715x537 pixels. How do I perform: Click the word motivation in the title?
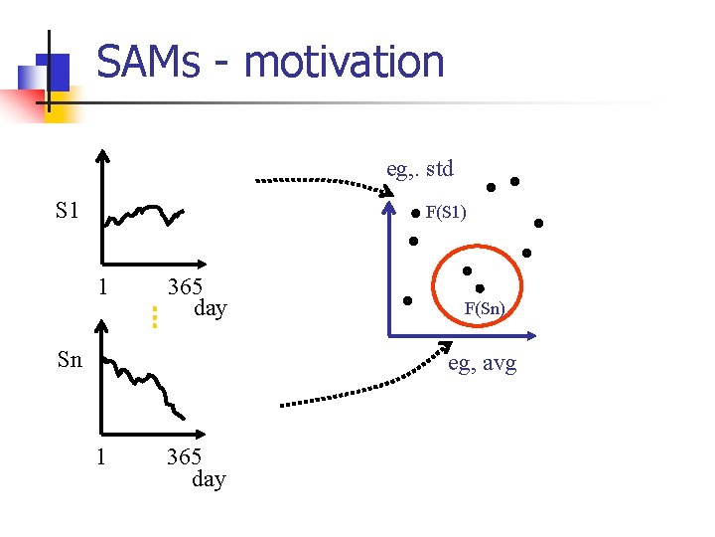click(344, 62)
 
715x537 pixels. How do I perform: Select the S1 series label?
click(68, 211)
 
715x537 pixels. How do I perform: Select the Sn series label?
click(70, 360)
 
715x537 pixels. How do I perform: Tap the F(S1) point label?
click(446, 212)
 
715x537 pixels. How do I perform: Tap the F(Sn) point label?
click(485, 309)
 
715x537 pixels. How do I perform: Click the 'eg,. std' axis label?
click(419, 168)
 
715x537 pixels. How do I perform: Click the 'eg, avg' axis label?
click(482, 364)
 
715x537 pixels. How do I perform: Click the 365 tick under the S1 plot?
click(185, 286)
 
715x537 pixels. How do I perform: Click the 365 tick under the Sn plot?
click(184, 456)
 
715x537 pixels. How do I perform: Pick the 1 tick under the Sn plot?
click(100, 456)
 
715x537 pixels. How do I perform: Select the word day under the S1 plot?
click(210, 308)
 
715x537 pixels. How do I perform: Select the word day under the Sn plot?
click(209, 479)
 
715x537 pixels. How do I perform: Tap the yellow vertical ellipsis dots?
click(155, 316)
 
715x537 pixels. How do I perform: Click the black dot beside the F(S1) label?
click(415, 213)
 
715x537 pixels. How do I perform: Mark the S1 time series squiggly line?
click(145, 214)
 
